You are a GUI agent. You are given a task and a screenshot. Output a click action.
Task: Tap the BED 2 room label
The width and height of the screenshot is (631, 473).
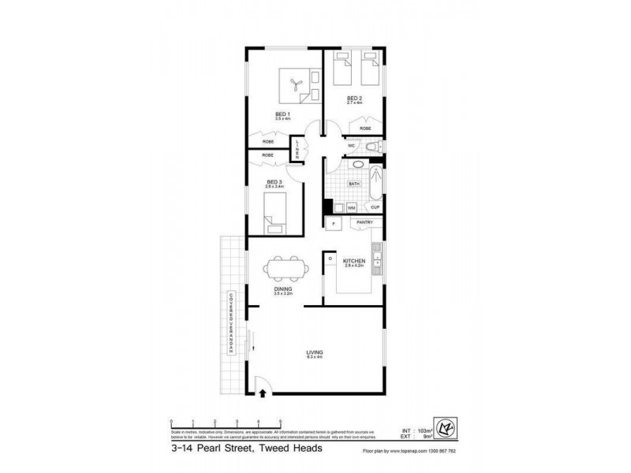click(x=355, y=99)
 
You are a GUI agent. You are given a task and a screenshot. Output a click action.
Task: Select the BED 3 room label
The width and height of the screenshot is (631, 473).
click(x=274, y=182)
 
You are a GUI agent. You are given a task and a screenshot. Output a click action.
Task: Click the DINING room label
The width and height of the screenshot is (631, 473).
click(x=283, y=290)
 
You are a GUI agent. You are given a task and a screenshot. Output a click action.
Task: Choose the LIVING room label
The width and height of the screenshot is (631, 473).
click(x=315, y=352)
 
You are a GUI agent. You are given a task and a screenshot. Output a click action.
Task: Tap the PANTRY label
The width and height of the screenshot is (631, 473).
click(x=364, y=223)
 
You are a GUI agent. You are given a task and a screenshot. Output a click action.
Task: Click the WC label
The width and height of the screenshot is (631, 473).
click(x=351, y=146)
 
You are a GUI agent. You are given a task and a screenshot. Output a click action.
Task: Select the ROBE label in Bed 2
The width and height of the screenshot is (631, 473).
click(x=366, y=128)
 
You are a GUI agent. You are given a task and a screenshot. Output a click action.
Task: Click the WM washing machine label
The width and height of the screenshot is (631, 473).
click(x=351, y=207)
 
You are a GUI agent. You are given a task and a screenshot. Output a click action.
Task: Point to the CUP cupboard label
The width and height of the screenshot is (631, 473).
click(x=375, y=207)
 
